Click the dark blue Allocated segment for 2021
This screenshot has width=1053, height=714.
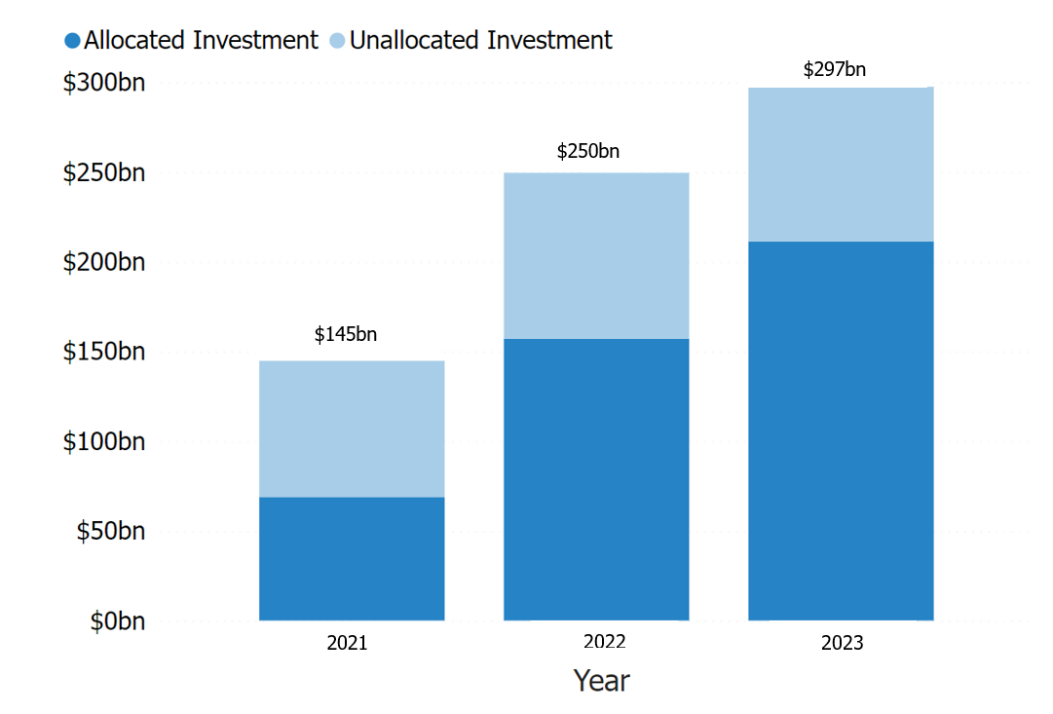[x=352, y=558]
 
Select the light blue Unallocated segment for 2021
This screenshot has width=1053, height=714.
[x=352, y=429]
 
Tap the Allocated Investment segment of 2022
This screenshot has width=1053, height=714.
[x=596, y=479]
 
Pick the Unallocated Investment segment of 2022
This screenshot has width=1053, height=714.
[x=596, y=255]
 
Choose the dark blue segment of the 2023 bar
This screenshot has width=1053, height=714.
[x=841, y=431]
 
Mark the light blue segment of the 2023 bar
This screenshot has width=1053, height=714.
[x=841, y=164]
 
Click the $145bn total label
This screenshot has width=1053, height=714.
[x=346, y=334]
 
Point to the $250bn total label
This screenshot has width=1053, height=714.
[x=588, y=151]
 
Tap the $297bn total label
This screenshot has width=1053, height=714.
[x=835, y=69]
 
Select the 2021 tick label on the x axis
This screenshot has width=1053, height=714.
[x=348, y=643]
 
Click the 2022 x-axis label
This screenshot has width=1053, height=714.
[x=604, y=642]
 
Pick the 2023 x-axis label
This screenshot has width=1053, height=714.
[x=842, y=643]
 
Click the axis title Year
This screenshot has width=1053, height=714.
[x=601, y=680]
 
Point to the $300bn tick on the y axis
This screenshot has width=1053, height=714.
[x=104, y=83]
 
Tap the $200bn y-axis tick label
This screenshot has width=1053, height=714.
[x=104, y=262]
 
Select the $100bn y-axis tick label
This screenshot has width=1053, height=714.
[x=104, y=441]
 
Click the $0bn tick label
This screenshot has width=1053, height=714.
[x=118, y=620]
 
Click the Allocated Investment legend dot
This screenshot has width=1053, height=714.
[x=72, y=41]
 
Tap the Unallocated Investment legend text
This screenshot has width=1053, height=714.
[x=481, y=41]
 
